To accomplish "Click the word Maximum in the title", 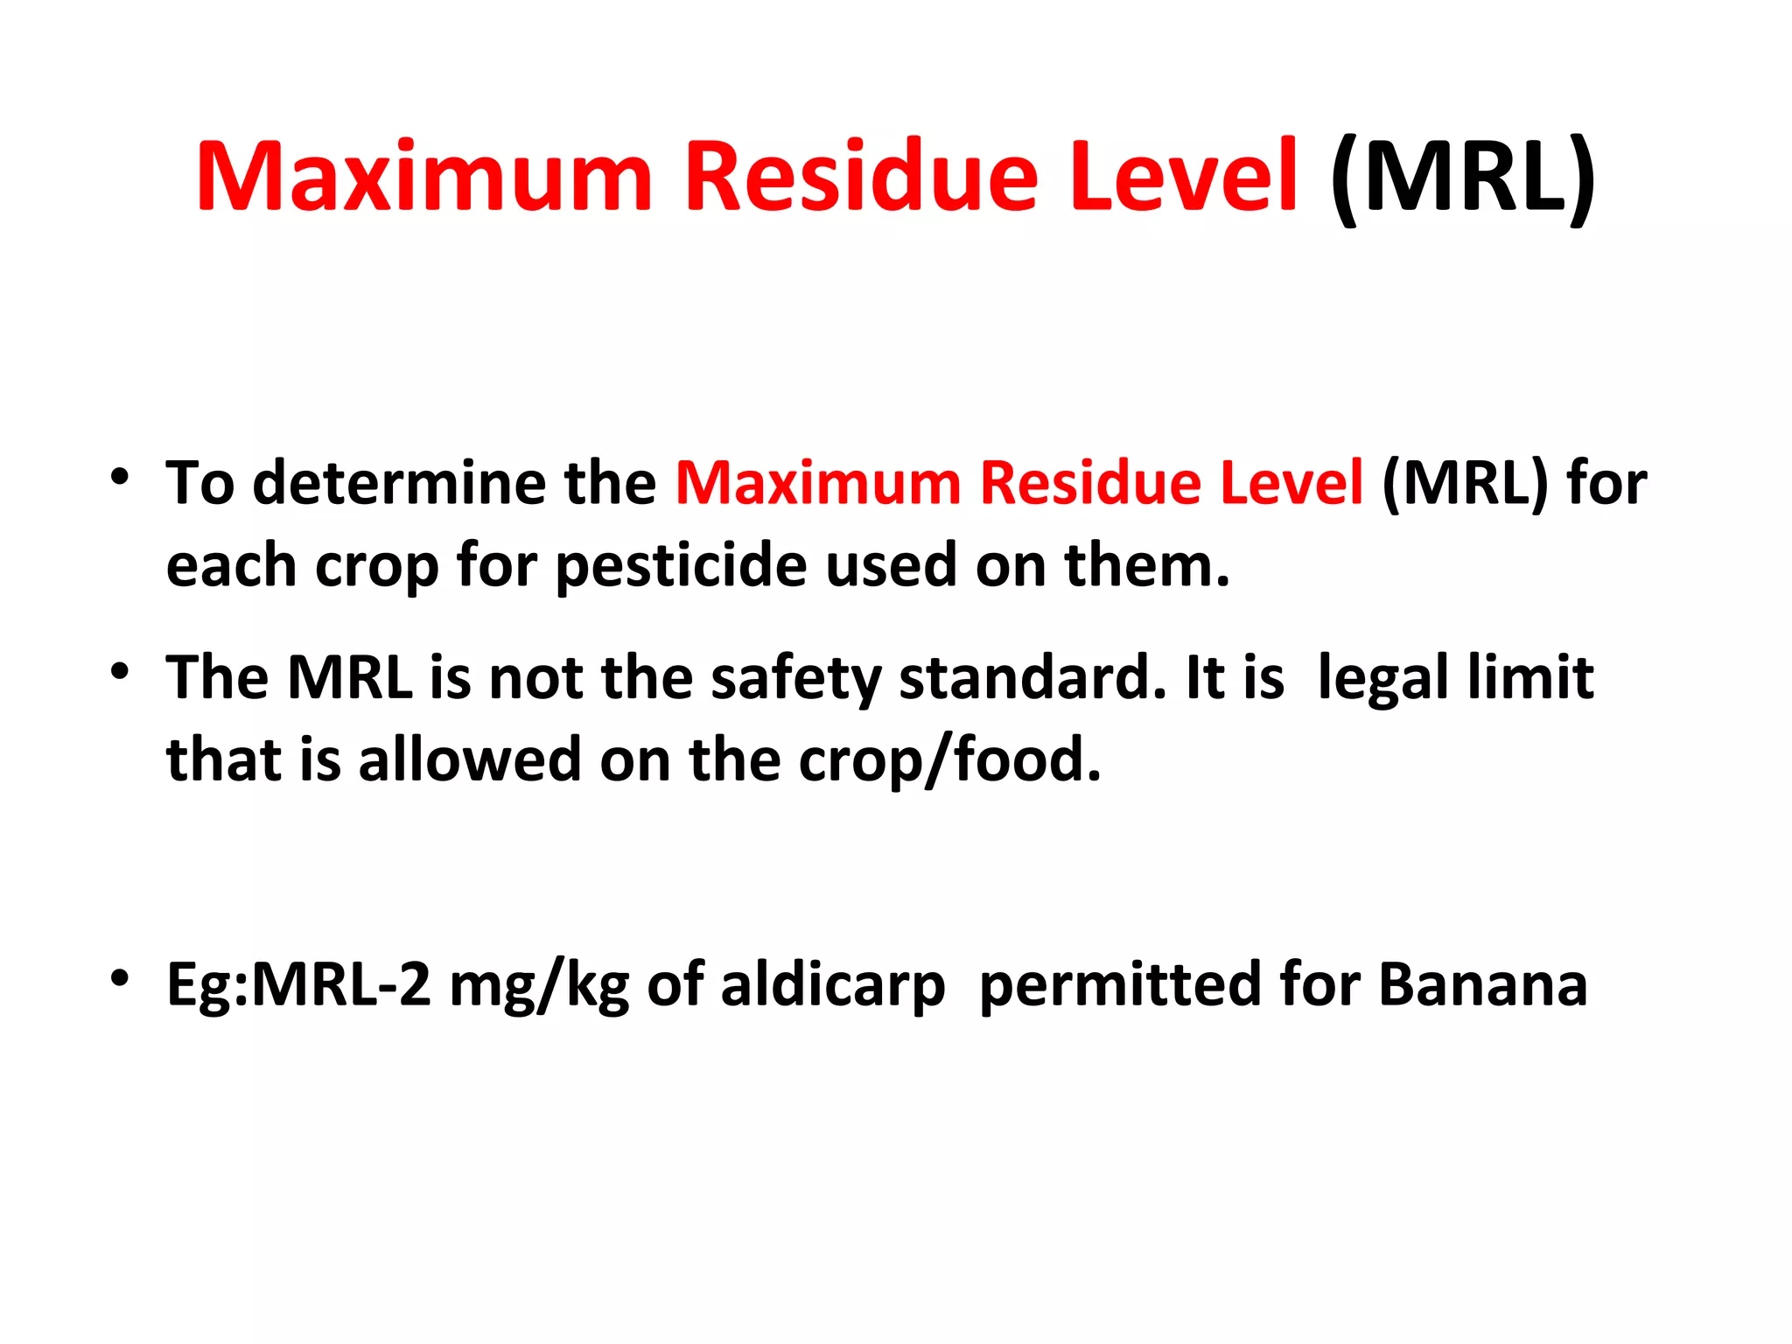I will (x=424, y=177).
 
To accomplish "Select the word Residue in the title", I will (x=861, y=177).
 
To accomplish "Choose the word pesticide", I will (x=681, y=566).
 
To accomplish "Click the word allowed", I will (x=470, y=759).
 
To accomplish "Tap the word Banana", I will (x=1482, y=985).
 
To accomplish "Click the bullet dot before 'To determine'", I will (x=120, y=477).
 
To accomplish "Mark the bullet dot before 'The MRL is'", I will (x=120, y=672).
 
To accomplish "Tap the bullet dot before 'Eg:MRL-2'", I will (x=120, y=977).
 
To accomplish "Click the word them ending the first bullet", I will (x=1146, y=566).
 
